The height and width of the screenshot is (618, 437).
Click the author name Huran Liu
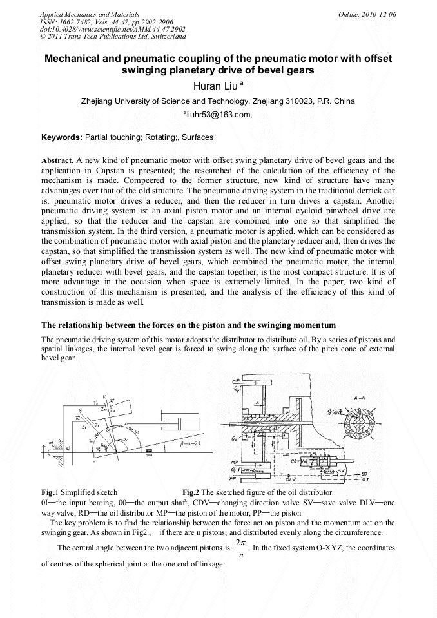[x=215, y=85]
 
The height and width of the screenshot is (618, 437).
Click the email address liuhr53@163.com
[x=218, y=115]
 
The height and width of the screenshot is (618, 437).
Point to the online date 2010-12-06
[x=381, y=14]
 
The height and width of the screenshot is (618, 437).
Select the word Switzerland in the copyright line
[x=164, y=37]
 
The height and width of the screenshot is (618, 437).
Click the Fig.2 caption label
[x=191, y=492]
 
